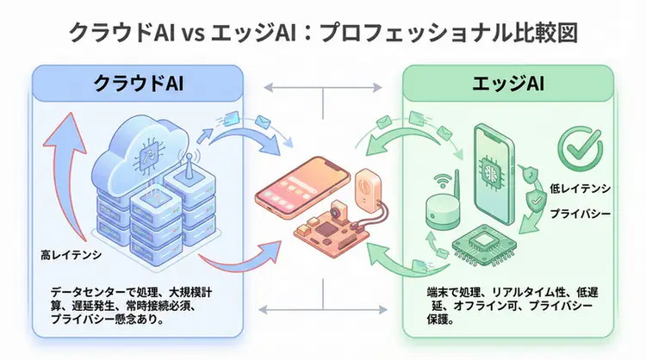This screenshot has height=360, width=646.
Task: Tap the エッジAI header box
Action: (x=508, y=84)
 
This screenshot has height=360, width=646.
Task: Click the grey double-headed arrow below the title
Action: (x=323, y=87)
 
